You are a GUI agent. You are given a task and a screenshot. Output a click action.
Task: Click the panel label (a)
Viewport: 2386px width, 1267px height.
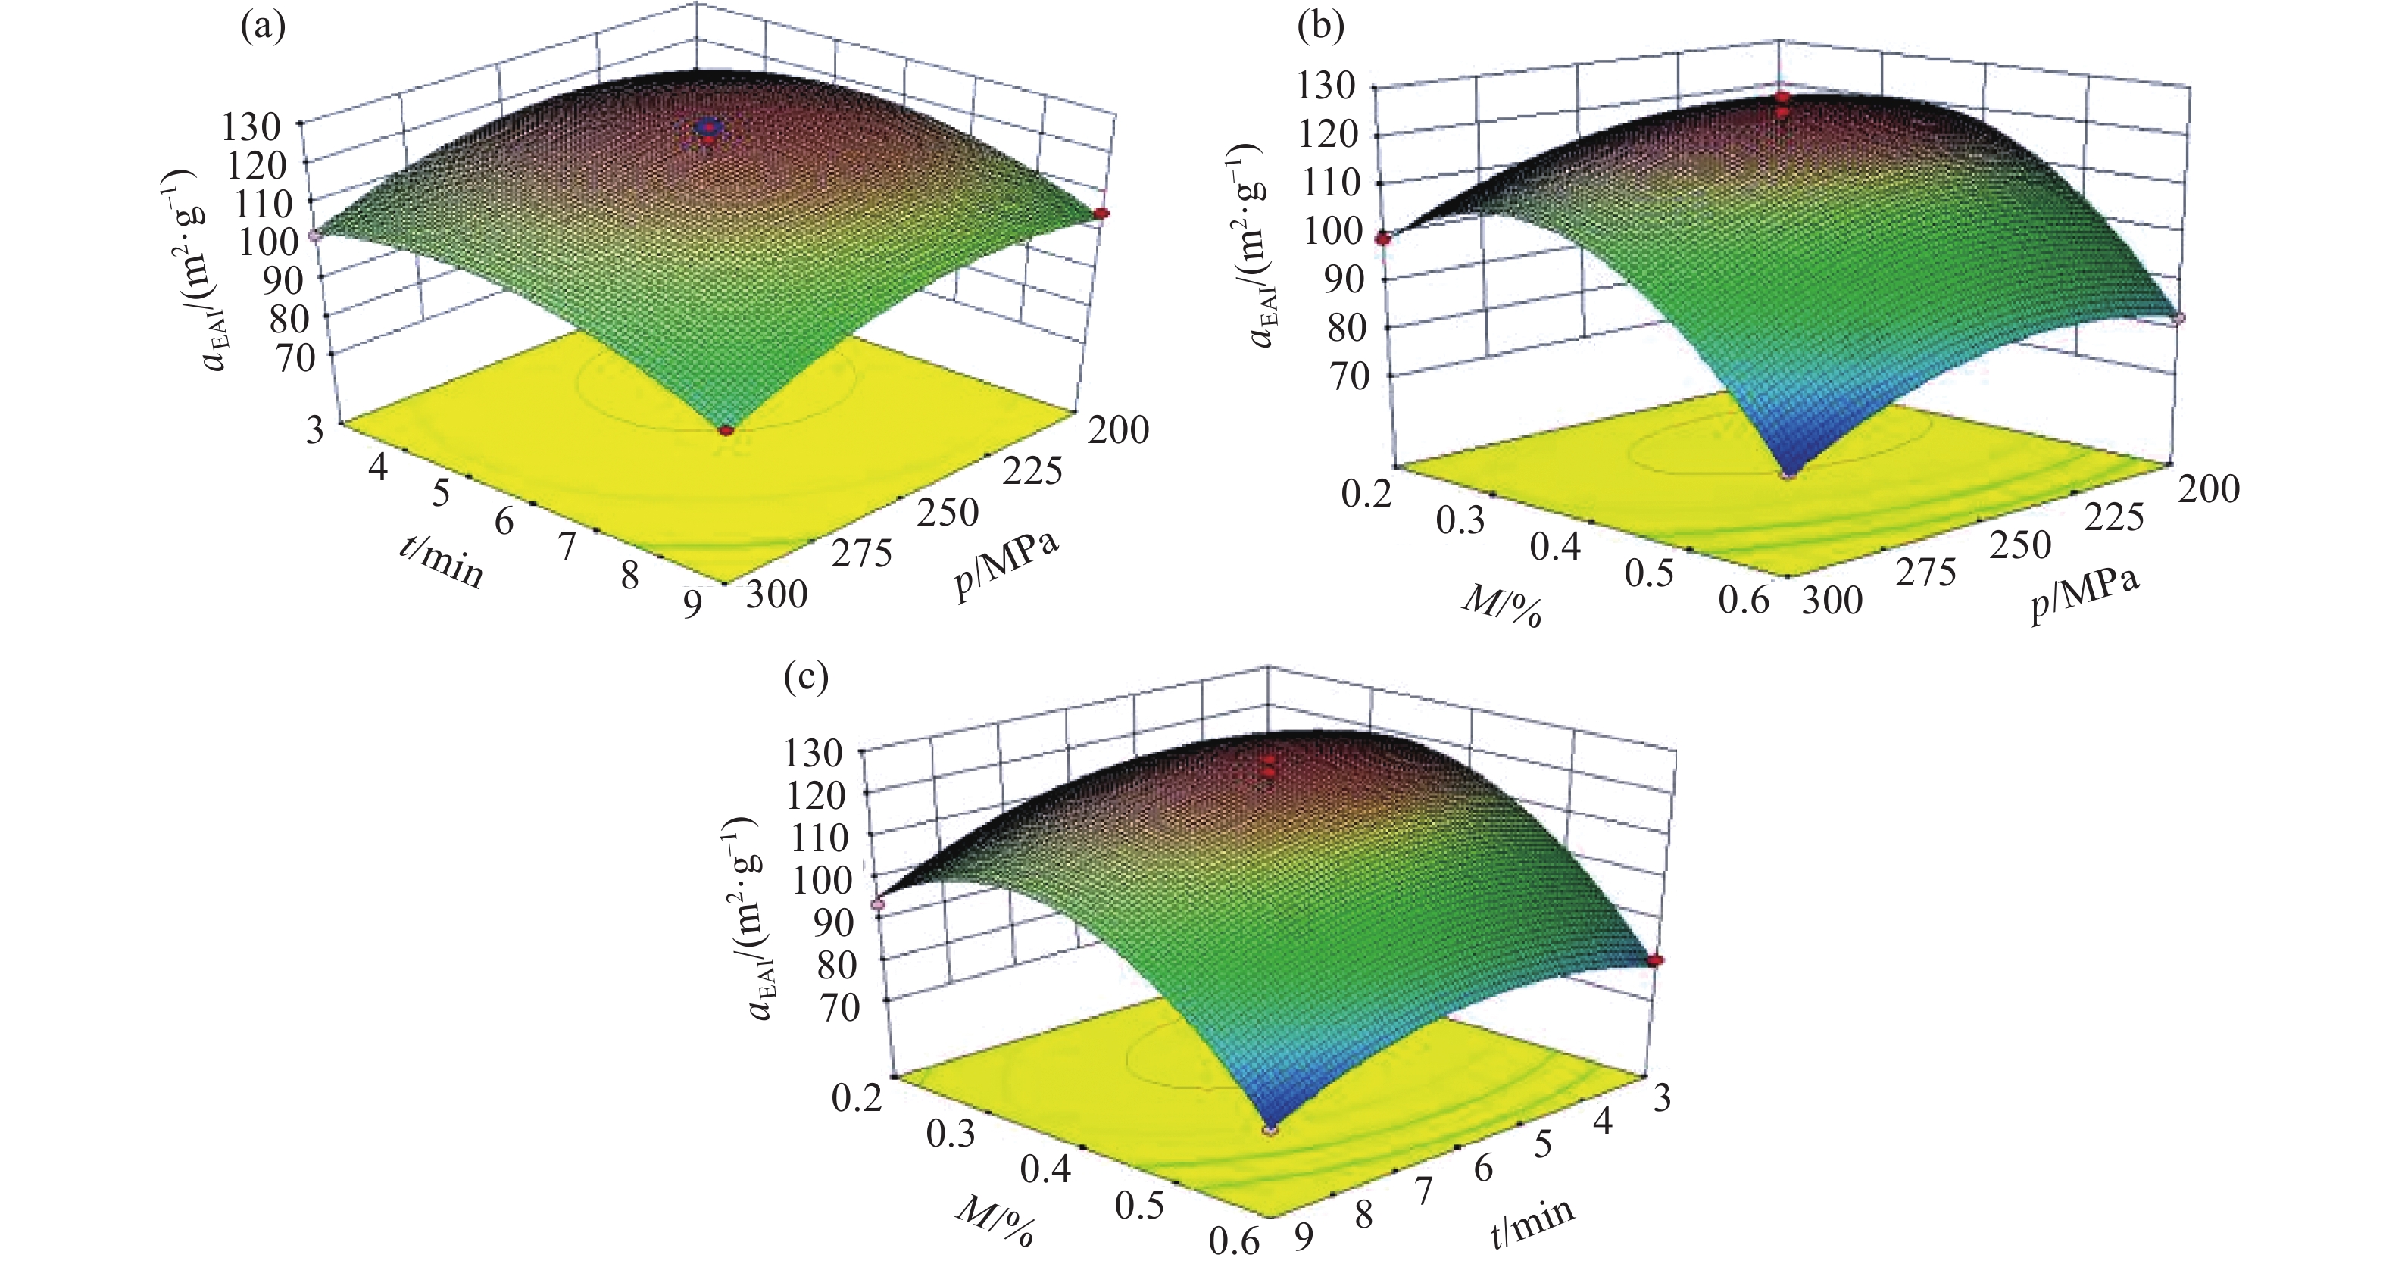pos(262,28)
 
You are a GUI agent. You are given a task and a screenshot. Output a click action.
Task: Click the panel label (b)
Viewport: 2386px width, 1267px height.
pos(1321,28)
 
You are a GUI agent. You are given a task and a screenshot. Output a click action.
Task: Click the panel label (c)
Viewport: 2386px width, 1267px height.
pos(805,678)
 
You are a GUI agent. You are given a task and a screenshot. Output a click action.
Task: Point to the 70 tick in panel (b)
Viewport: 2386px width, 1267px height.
pos(1348,376)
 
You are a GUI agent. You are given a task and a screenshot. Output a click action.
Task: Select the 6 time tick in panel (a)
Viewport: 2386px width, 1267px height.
pos(504,522)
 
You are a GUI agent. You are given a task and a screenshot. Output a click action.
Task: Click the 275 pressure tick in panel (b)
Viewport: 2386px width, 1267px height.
pos(1925,573)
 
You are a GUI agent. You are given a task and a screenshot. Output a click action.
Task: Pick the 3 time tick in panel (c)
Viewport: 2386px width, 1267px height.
pos(1663,1097)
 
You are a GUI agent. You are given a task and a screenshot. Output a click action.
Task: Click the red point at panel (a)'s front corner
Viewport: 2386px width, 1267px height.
pos(726,431)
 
